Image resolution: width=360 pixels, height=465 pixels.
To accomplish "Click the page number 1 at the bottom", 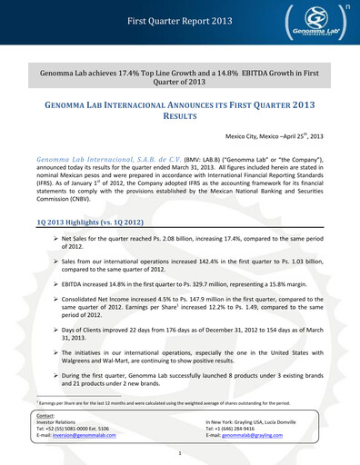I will coord(180,453).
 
